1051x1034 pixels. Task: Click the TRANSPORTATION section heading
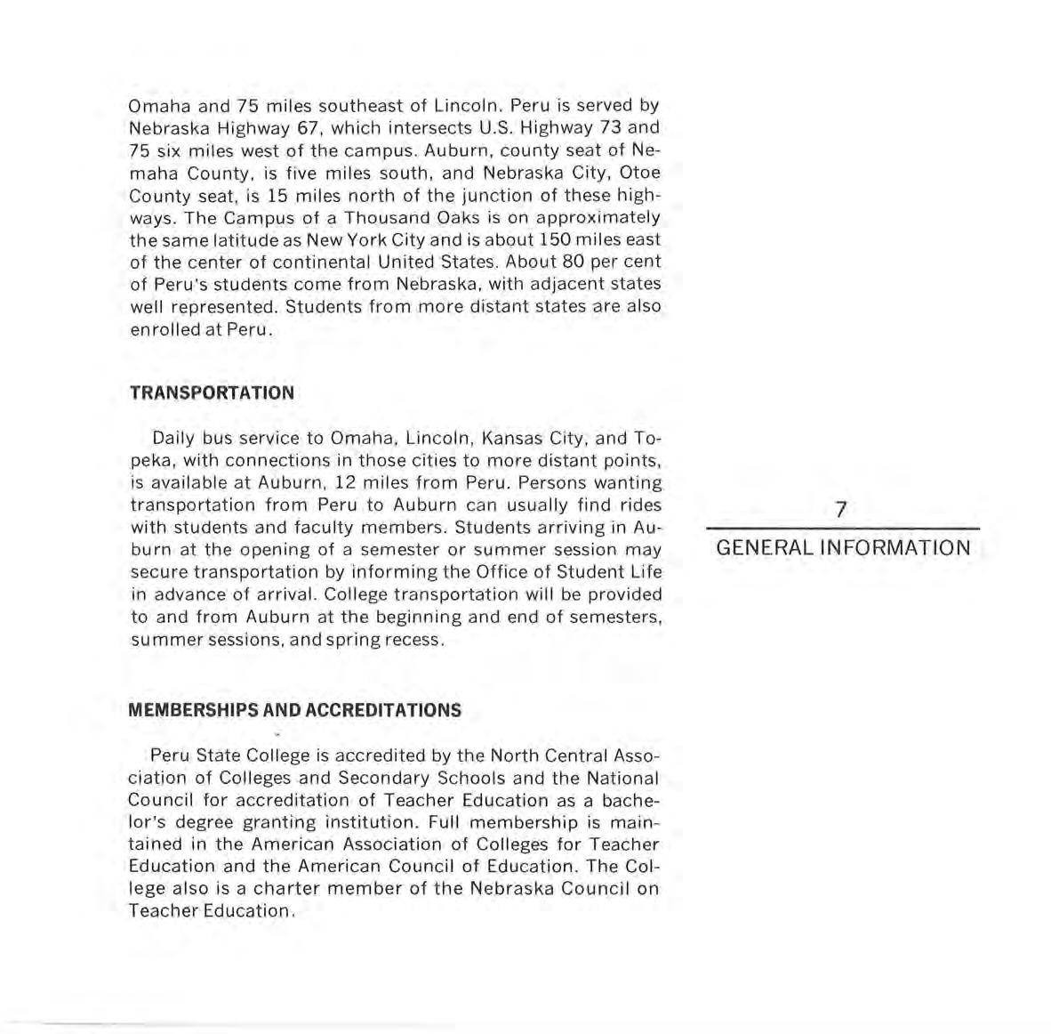tap(212, 392)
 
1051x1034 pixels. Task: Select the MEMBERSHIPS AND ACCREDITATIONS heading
tap(295, 710)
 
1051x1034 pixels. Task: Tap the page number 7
tap(841, 509)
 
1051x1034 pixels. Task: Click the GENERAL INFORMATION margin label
tap(843, 547)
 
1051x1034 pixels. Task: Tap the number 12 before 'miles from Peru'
tap(367, 483)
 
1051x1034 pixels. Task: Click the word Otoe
tap(638, 173)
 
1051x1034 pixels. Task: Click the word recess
tap(412, 639)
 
